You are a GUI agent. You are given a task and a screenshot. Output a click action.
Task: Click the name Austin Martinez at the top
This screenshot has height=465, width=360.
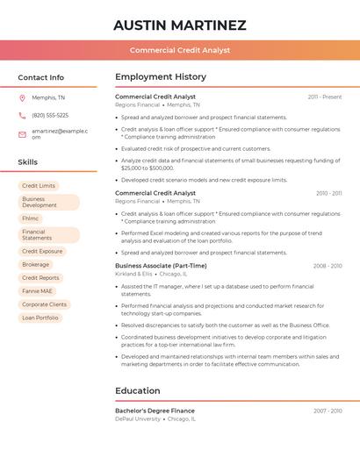[x=179, y=25]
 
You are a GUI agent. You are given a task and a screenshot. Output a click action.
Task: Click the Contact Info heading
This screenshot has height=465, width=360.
[x=41, y=77]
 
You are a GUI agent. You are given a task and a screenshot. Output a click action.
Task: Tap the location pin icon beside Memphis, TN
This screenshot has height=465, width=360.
[x=22, y=97]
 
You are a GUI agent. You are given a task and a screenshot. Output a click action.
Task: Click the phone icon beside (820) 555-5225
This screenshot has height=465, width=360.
[x=22, y=115]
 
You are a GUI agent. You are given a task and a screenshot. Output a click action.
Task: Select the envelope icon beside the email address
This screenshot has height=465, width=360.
[x=22, y=133]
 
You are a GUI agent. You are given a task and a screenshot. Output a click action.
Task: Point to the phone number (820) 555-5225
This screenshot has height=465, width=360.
[x=50, y=115]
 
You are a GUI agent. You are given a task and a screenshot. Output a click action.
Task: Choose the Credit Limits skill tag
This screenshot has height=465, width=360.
[x=39, y=186]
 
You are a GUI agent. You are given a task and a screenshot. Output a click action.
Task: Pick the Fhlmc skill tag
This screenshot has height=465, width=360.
[x=31, y=218]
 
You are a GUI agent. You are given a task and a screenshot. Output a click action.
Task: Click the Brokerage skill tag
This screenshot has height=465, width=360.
[x=36, y=264]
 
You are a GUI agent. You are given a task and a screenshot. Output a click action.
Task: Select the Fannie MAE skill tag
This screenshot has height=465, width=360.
[x=38, y=290]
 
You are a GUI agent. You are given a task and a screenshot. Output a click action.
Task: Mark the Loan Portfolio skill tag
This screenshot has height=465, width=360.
[x=40, y=318]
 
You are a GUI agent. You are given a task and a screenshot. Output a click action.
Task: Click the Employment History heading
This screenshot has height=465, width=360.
[x=161, y=77]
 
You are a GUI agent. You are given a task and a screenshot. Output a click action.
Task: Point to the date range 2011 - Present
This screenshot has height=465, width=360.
[x=325, y=97]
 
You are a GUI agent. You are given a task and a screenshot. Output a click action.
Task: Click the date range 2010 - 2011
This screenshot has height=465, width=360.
[x=328, y=193]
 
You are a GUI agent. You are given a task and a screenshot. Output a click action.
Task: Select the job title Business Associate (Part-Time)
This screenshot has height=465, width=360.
[x=161, y=266]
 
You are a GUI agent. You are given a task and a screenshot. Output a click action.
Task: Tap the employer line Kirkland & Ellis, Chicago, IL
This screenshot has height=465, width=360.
[x=152, y=274]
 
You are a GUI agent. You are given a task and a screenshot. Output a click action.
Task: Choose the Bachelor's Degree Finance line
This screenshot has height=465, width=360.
[x=155, y=411]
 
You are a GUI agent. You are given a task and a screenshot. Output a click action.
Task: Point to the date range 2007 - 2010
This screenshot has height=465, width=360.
[x=328, y=411]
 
